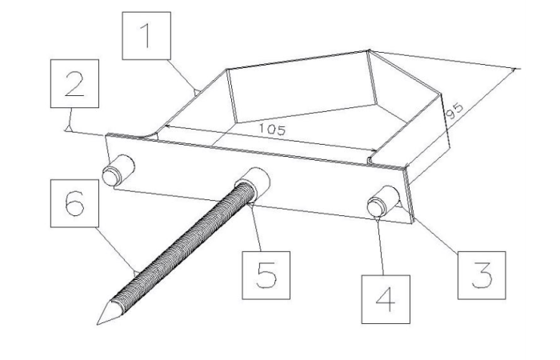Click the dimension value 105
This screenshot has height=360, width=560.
272,130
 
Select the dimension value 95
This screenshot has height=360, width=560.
455,111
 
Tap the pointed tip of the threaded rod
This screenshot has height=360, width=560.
98,324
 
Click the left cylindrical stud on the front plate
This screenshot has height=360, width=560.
118,170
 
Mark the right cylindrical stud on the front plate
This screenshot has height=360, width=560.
383,201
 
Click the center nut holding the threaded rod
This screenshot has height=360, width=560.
254,183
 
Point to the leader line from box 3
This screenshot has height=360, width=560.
435,235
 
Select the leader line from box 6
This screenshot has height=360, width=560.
117,250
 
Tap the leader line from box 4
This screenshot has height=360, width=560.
381,246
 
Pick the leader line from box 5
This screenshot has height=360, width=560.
256,227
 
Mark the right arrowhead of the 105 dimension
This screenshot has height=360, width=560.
374,150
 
